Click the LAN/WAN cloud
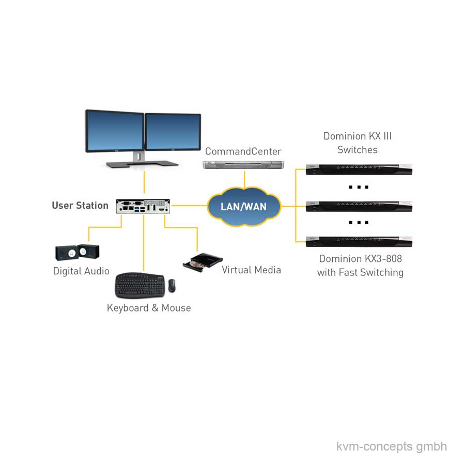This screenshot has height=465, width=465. pyautogui.click(x=244, y=207)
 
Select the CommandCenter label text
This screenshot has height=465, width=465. pyautogui.click(x=243, y=151)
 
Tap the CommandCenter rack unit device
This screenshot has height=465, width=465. pyautogui.click(x=243, y=164)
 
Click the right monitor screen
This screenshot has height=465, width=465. pyautogui.click(x=173, y=132)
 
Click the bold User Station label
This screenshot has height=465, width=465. pyautogui.click(x=80, y=206)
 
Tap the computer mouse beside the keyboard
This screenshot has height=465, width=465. pyautogui.click(x=172, y=285)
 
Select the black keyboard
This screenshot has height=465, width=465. pyautogui.click(x=139, y=285)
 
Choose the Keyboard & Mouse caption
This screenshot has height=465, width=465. pyautogui.click(x=149, y=308)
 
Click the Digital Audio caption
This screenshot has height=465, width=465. pyautogui.click(x=81, y=271)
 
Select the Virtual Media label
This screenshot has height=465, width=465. pyautogui.click(x=251, y=270)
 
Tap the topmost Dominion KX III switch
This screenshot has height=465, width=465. pyautogui.click(x=359, y=169)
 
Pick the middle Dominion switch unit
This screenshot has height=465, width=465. pyautogui.click(x=359, y=206)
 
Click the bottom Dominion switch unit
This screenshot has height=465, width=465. pyautogui.click(x=359, y=241)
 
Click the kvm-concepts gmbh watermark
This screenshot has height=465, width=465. pyautogui.click(x=392, y=446)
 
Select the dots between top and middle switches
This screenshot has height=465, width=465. pyautogui.click(x=358, y=187)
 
